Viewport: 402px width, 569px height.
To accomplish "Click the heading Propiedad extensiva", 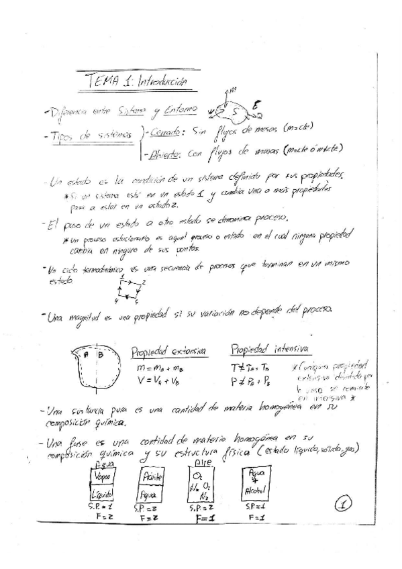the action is [168, 350].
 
